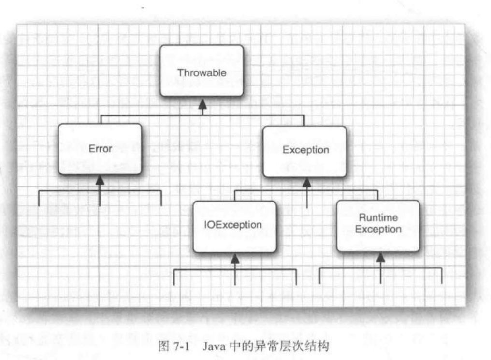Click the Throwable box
(x=202, y=71)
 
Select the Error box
(x=100, y=149)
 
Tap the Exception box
(x=304, y=151)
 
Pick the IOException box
(x=234, y=226)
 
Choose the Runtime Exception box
(x=378, y=226)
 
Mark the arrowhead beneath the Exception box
(x=306, y=183)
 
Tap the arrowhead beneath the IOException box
(x=235, y=259)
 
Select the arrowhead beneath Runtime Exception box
(x=381, y=259)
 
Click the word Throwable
(x=202, y=73)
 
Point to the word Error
(x=100, y=149)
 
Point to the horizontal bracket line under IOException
(x=203, y=269)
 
